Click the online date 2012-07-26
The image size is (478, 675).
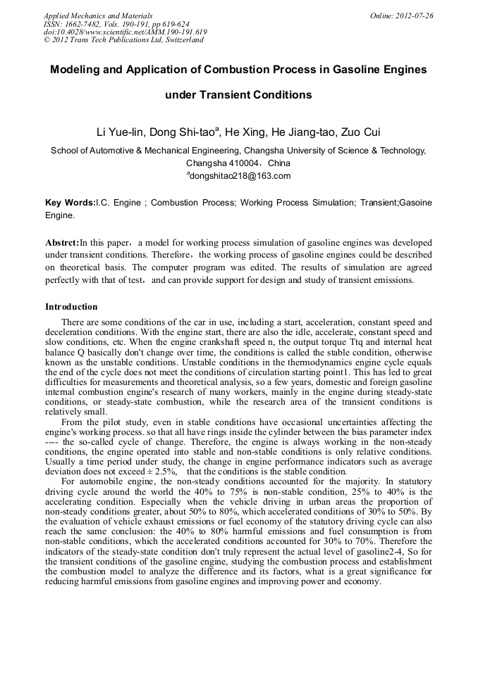click(412, 15)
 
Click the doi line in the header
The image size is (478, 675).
click(125, 32)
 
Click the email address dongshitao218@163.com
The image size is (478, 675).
click(238, 176)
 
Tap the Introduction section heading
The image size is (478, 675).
click(71, 307)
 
